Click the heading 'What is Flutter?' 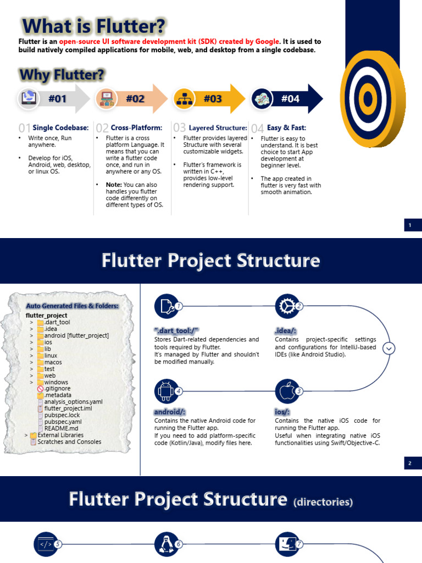pos(93,26)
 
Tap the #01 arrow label pos(57,99)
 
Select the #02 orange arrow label pos(135,99)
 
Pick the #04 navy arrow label pos(291,99)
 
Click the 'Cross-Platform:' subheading pos(136,128)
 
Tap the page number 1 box pos(410,225)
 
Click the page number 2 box pos(410,463)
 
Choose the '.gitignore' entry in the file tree pos(58,389)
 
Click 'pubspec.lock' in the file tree pos(62,415)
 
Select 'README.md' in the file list pos(61,428)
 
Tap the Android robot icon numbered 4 pos(165,390)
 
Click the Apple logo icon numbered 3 pos(286,390)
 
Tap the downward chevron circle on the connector pos(389,348)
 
